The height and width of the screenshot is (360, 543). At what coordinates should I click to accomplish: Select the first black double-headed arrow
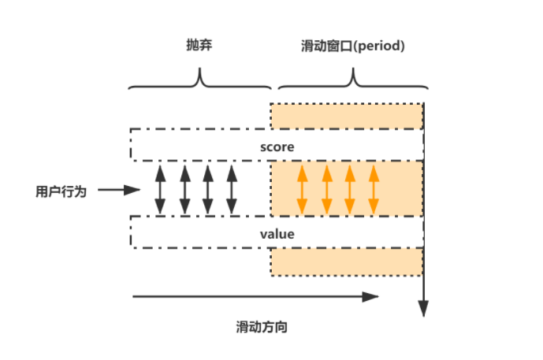(x=160, y=190)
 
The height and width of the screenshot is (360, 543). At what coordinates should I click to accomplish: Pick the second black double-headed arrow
(x=184, y=190)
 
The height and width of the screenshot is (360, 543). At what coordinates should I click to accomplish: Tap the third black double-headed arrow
(x=208, y=190)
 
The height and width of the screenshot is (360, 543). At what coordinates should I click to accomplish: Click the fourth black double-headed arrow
(x=232, y=190)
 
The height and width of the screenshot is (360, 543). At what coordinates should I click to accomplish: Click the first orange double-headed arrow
(x=301, y=190)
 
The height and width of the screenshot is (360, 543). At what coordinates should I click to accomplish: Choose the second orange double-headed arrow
(x=325, y=190)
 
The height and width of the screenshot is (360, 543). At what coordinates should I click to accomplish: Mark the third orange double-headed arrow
(x=349, y=190)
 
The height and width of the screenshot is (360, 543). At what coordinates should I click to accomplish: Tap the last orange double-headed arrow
(x=373, y=190)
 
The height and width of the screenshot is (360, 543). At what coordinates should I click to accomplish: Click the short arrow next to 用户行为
(x=120, y=190)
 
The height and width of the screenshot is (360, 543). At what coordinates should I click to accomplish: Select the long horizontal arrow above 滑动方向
(x=256, y=297)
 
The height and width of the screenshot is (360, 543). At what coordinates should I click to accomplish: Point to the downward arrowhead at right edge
(x=424, y=307)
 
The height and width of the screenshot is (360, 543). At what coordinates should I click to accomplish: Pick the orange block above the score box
(x=347, y=116)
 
